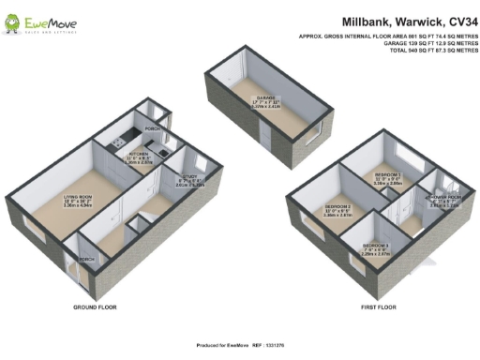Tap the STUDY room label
[x=189, y=182]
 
